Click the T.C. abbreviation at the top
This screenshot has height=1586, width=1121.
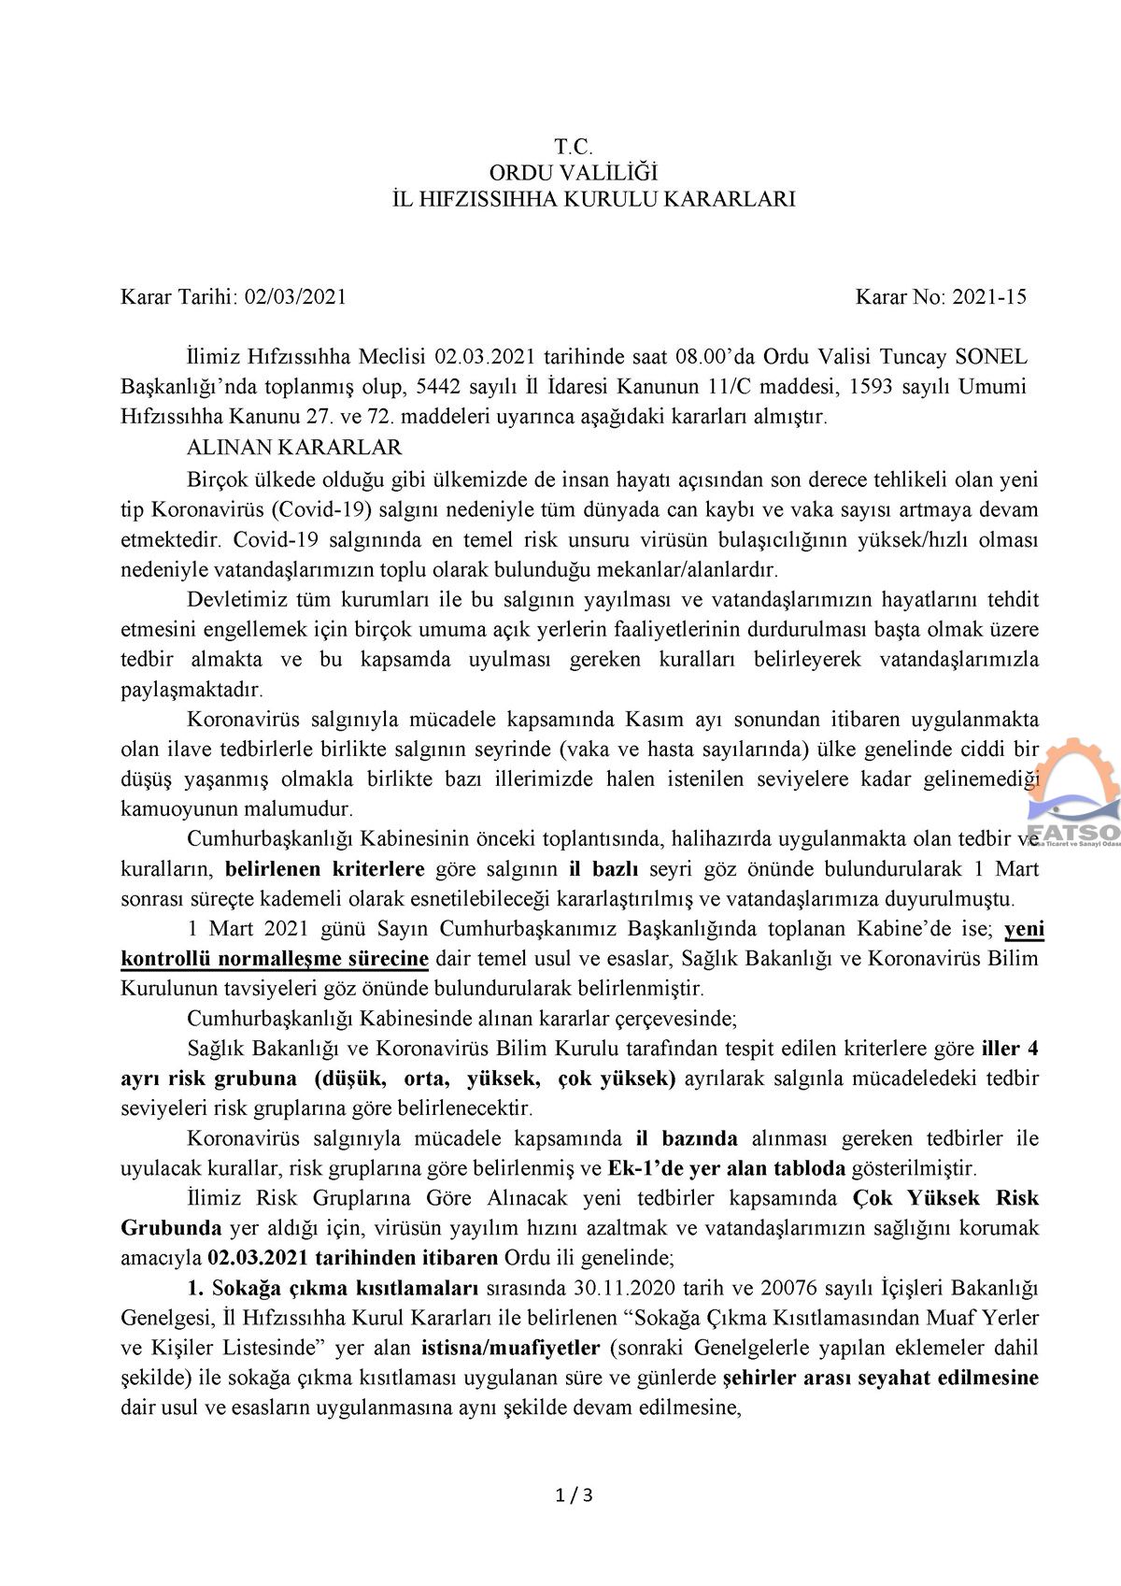[x=574, y=146]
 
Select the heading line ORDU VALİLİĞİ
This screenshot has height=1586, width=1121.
[x=574, y=172]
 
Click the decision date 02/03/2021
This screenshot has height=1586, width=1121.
[x=295, y=297]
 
